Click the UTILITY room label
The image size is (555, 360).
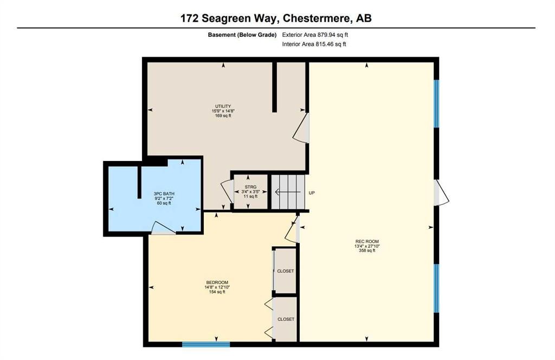(x=223, y=106)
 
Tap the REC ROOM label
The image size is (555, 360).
(x=367, y=241)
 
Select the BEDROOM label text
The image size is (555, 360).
(x=217, y=282)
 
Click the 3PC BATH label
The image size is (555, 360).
(x=164, y=194)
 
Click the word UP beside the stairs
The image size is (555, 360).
(x=312, y=193)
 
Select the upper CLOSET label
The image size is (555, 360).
(x=286, y=271)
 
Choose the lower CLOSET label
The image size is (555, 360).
(x=286, y=319)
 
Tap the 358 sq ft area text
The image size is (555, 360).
(x=367, y=250)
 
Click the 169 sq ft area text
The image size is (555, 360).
(x=223, y=115)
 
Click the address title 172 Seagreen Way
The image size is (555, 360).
(x=276, y=18)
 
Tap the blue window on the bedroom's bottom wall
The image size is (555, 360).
(x=206, y=344)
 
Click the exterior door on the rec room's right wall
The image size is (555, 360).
(x=441, y=193)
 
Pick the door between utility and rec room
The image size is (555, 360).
(x=302, y=128)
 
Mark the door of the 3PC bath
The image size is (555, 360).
(x=163, y=229)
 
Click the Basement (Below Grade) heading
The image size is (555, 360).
(x=242, y=35)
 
